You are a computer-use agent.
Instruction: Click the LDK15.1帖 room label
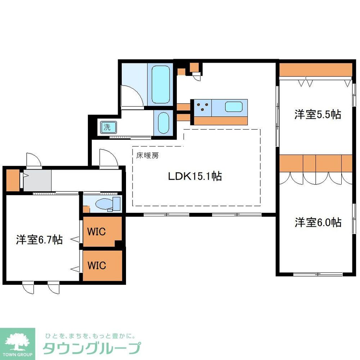(x=195, y=176)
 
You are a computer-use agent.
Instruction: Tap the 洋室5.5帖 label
(x=318, y=114)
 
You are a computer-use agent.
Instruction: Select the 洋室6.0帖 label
(x=318, y=222)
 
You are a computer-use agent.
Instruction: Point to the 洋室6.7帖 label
(x=39, y=239)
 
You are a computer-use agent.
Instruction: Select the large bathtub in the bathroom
(x=161, y=84)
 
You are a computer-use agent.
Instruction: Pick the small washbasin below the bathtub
(x=164, y=122)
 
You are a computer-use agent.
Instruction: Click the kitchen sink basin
(x=234, y=107)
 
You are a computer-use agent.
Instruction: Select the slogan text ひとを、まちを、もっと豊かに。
(x=90, y=336)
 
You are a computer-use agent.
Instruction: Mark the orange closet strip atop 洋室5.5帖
(x=315, y=69)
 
